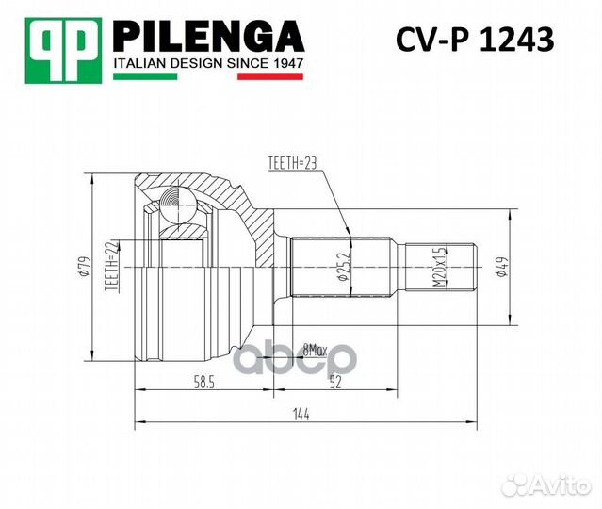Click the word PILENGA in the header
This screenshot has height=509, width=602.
point(208,38)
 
